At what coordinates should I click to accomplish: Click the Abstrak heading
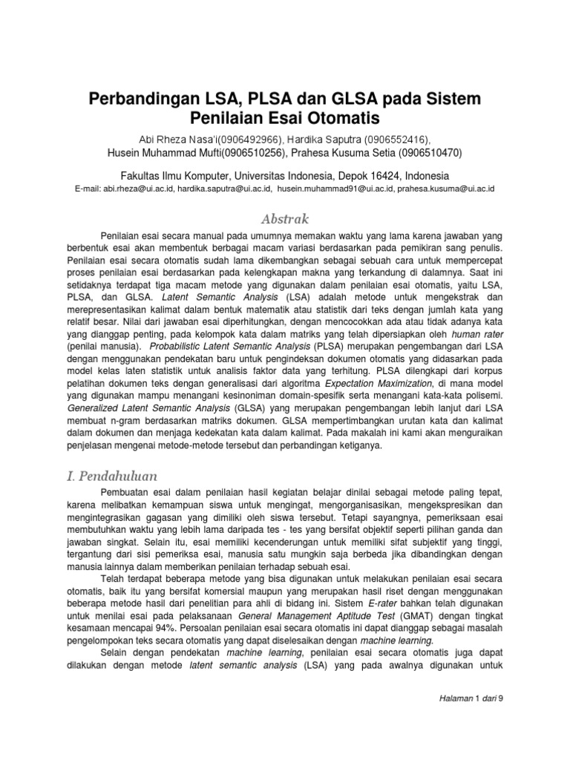[284, 219]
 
